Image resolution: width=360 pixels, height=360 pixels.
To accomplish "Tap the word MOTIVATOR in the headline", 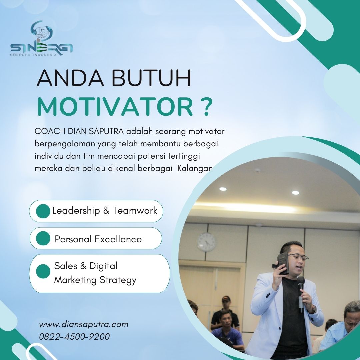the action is pyautogui.click(x=115, y=107).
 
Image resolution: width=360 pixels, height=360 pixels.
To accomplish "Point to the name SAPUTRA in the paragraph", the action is pyautogui.click(x=106, y=131).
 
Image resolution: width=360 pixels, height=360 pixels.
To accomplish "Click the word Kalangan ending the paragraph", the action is pyautogui.click(x=195, y=169).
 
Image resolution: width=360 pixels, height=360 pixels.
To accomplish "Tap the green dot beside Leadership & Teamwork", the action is pyautogui.click(x=43, y=211).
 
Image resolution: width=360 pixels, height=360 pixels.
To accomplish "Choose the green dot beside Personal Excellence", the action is pyautogui.click(x=43, y=238).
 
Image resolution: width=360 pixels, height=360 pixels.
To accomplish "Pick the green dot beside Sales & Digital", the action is pyautogui.click(x=43, y=271).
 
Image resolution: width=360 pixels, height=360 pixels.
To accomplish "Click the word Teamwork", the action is pyautogui.click(x=135, y=211).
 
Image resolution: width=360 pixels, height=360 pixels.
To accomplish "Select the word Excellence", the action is pyautogui.click(x=118, y=239).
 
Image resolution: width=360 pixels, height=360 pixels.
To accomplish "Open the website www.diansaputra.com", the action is pyautogui.click(x=84, y=324).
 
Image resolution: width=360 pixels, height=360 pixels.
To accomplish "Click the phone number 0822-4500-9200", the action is pyautogui.click(x=74, y=337).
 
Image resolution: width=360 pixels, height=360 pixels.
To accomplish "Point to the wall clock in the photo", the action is pyautogui.click(x=206, y=242).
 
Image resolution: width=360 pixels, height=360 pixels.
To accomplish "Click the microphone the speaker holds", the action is pyautogui.click(x=301, y=294).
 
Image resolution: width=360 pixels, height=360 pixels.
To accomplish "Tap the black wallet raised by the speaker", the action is pyautogui.click(x=283, y=264).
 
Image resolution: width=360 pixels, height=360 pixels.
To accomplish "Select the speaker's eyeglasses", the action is pyautogui.click(x=298, y=257).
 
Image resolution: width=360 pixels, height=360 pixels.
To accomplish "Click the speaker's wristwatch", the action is pyautogui.click(x=313, y=309).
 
